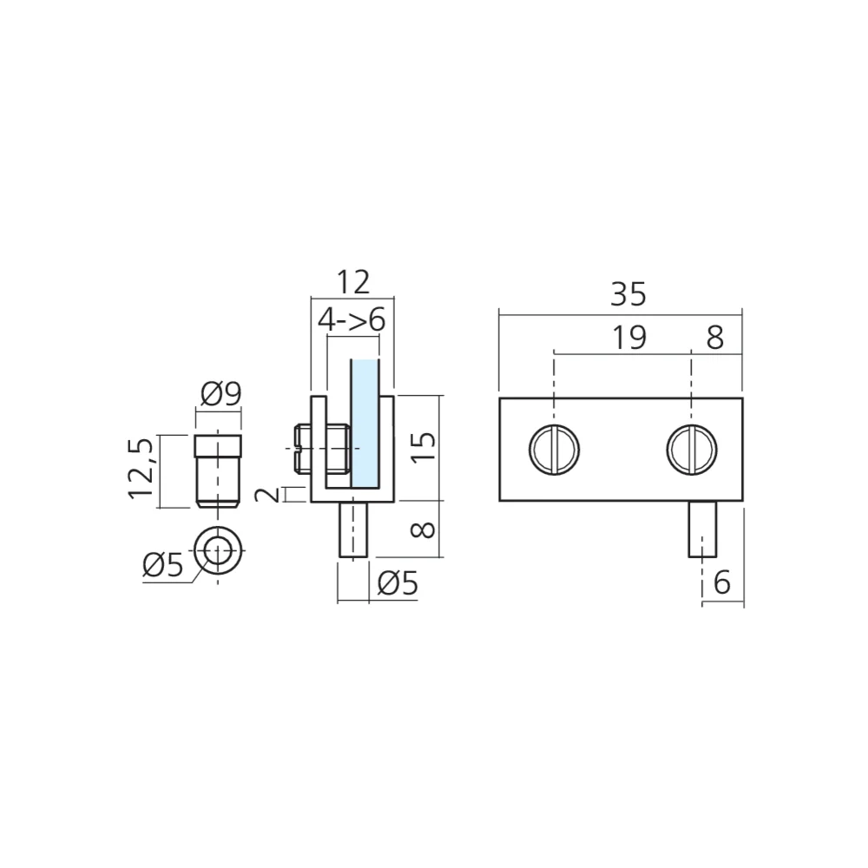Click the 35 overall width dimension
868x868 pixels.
(x=628, y=294)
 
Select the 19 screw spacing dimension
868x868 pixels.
(x=628, y=338)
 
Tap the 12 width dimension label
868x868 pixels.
(x=352, y=282)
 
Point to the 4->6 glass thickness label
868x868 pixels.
(x=352, y=320)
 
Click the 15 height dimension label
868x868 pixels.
(x=424, y=447)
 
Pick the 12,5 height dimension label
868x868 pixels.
(x=140, y=469)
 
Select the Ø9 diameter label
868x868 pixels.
(x=220, y=395)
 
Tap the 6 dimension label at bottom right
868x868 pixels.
(x=722, y=582)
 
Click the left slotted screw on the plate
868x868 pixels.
(x=554, y=449)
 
